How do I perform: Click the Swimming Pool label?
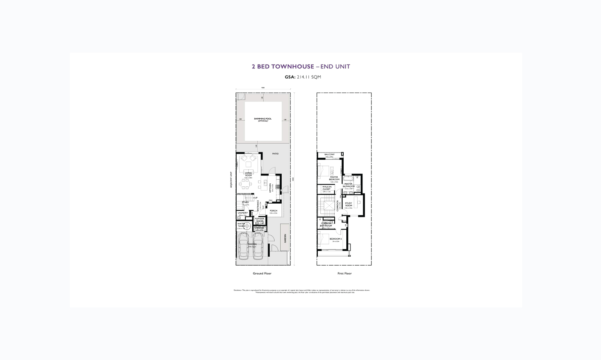click(263, 119)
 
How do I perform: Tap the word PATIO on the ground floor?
click(275, 154)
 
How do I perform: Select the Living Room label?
click(248, 174)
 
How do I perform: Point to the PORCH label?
click(273, 211)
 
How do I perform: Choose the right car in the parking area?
click(258, 246)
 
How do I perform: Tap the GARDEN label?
click(285, 238)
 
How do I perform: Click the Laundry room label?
click(243, 213)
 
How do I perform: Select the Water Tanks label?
click(241, 225)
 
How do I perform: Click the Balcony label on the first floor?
click(329, 154)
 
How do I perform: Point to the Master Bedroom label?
click(334, 178)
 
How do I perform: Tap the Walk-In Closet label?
click(326, 188)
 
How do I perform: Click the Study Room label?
click(349, 204)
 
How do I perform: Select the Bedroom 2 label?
click(335, 239)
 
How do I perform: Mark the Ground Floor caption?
click(262, 274)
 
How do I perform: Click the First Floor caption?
click(344, 274)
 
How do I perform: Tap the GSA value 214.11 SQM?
click(309, 77)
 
